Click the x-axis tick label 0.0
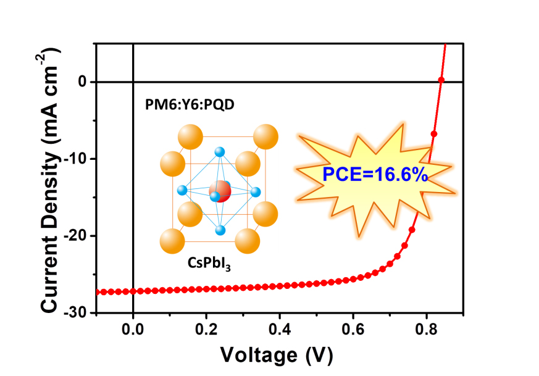coord(133,328)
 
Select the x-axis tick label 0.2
coord(206,328)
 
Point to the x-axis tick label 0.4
coord(280,328)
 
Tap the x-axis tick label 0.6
coord(353,328)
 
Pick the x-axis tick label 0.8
coord(427,328)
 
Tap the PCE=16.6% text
coord(375,175)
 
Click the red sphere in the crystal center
coord(220,191)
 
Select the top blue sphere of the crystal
coord(220,152)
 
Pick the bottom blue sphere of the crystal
coord(220,230)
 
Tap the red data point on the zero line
coord(441,80)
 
